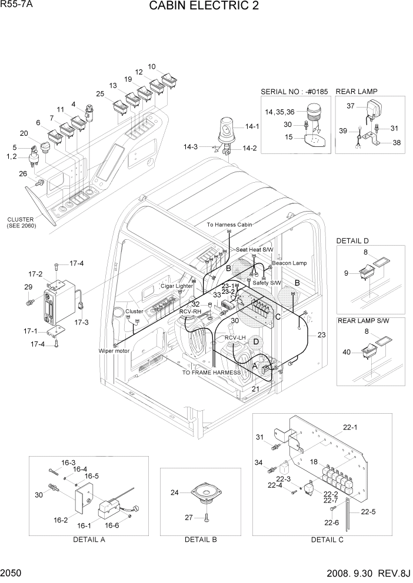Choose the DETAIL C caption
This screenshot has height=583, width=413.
point(327,539)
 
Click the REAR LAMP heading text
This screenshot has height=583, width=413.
point(357,92)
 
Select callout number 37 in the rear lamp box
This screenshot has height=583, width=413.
point(351,106)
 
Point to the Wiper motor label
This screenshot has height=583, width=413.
point(114,350)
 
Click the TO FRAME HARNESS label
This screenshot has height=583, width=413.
point(211,373)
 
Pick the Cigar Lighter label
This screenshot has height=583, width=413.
point(176,286)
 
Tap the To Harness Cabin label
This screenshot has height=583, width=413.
point(229,225)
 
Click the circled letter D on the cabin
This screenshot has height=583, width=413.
point(256,341)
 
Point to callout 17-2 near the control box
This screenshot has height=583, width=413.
point(35,274)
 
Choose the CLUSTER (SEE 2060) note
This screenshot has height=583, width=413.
point(21,222)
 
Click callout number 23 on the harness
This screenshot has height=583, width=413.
point(321,335)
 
